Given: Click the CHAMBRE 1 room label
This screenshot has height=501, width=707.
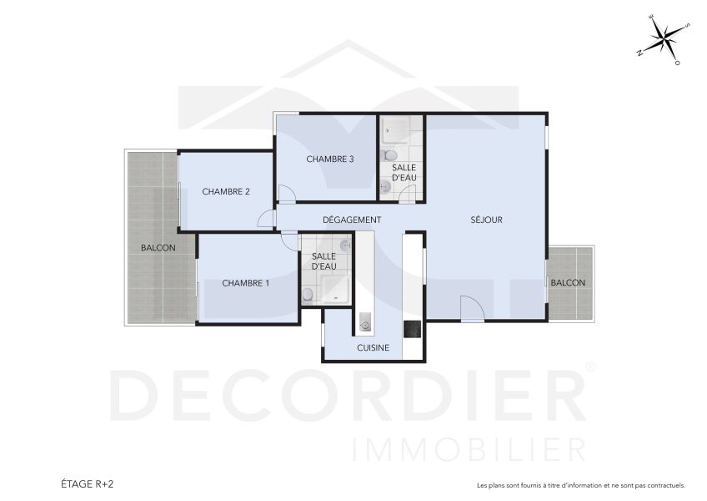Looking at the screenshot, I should pyautogui.click(x=245, y=283).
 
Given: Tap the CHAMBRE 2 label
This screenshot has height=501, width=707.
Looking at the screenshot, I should pyautogui.click(x=226, y=191).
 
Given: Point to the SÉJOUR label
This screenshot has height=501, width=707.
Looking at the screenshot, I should pyautogui.click(x=486, y=220).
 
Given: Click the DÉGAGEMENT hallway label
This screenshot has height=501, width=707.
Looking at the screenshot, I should pyautogui.click(x=352, y=220).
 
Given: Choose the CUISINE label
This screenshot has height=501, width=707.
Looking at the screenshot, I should pyautogui.click(x=373, y=347).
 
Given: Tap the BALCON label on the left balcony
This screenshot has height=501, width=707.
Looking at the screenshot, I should pyautogui.click(x=158, y=248).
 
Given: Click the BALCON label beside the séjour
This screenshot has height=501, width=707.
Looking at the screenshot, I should pyautogui.click(x=568, y=282).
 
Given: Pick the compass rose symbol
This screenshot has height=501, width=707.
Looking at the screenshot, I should pyautogui.click(x=664, y=38).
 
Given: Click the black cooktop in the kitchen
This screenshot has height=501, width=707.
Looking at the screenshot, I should pyautogui.click(x=413, y=329).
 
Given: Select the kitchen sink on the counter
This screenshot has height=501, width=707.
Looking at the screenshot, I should pyautogui.click(x=364, y=321).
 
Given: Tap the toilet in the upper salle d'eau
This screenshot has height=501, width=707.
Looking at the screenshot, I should pyautogui.click(x=388, y=155).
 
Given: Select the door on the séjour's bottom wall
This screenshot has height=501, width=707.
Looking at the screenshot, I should pyautogui.click(x=473, y=309).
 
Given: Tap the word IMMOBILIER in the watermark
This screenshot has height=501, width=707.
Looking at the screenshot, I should pyautogui.click(x=469, y=448).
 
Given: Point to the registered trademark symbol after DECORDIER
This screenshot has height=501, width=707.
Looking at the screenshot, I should pyautogui.click(x=590, y=367).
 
